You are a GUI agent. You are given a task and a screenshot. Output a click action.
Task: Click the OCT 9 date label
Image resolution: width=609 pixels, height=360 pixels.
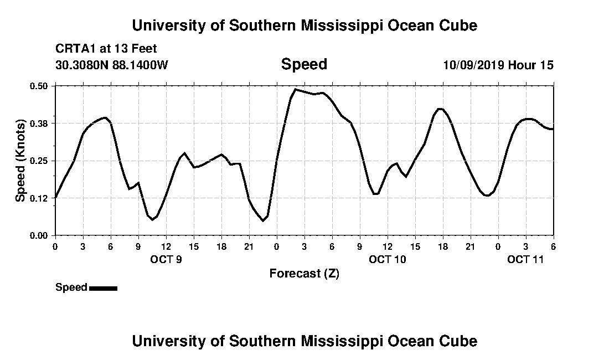(x=166, y=259)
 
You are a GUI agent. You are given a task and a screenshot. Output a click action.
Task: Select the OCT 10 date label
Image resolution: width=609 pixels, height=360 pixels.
(x=388, y=259)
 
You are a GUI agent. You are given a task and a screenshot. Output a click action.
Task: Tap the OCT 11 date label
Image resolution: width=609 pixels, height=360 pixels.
(x=526, y=259)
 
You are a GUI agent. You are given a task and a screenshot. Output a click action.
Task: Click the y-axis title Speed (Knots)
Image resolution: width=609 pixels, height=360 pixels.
(x=20, y=161)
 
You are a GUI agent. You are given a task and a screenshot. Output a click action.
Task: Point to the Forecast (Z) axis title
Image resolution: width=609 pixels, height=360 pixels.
(x=304, y=274)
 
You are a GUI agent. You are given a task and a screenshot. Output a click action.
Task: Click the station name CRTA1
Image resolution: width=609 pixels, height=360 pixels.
(x=75, y=49)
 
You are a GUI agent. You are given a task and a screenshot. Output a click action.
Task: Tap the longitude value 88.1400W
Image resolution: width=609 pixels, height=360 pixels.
(x=140, y=65)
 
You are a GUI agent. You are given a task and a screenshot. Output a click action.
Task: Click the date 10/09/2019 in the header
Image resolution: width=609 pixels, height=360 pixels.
(x=473, y=65)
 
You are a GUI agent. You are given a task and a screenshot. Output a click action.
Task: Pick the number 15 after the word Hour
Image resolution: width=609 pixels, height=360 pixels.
(x=546, y=65)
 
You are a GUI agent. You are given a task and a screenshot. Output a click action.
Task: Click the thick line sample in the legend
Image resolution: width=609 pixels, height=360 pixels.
(x=103, y=288)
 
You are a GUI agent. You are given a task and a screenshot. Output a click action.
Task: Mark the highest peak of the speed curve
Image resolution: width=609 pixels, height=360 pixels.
(x=296, y=89)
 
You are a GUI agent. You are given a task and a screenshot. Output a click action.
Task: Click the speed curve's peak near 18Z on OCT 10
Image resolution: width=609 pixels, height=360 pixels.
(x=440, y=109)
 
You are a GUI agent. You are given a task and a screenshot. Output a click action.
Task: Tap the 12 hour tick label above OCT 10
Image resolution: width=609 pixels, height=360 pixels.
(x=388, y=246)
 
